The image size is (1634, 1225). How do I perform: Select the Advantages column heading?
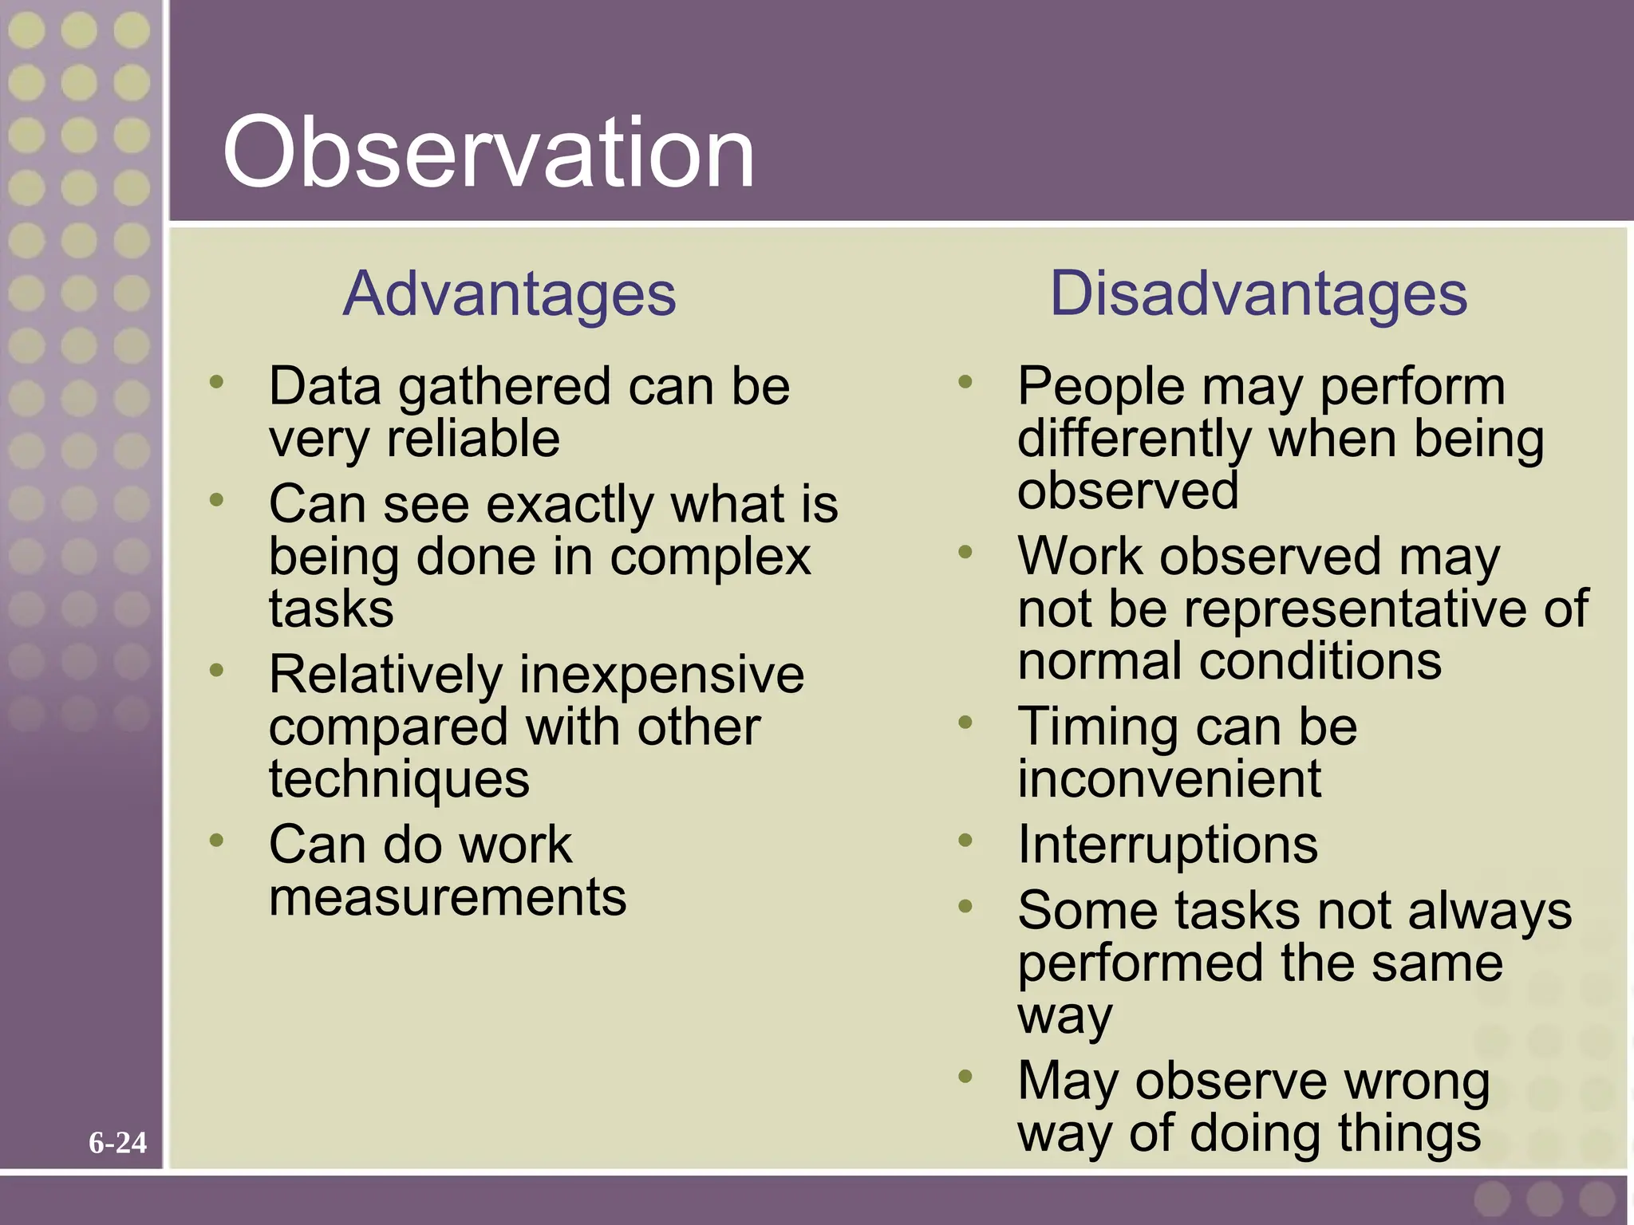click(x=509, y=294)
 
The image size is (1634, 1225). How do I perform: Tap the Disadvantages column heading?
click(x=1258, y=294)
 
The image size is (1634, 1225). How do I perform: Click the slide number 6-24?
click(x=117, y=1143)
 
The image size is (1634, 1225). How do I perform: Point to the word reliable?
click(x=473, y=439)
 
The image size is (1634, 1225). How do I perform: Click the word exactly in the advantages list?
click(x=570, y=506)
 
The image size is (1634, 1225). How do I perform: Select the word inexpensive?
click(x=661, y=675)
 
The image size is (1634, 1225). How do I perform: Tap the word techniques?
click(x=399, y=780)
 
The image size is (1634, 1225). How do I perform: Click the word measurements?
click(x=448, y=897)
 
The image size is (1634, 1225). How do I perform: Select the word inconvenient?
click(x=1169, y=779)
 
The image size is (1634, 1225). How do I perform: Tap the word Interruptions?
click(x=1167, y=845)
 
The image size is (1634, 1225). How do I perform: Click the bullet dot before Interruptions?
click(x=965, y=840)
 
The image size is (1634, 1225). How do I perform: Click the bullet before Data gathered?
click(x=216, y=382)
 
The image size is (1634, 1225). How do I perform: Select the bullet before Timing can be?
click(x=965, y=723)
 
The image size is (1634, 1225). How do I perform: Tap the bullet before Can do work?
click(x=216, y=840)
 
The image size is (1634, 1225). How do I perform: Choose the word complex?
click(x=710, y=557)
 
